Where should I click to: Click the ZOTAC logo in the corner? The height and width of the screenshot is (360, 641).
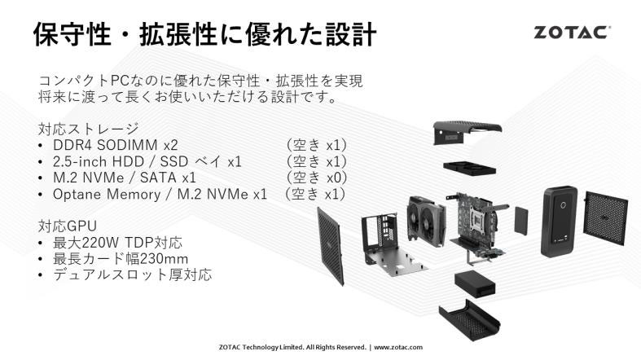point(573,33)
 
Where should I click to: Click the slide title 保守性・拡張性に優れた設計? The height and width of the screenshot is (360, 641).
point(204,34)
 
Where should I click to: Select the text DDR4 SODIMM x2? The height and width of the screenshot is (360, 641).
point(116,145)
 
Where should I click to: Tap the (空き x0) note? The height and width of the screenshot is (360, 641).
point(316,178)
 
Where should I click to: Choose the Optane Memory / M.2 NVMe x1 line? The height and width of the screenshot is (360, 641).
point(160,194)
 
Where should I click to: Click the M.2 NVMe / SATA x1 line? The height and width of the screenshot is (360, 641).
point(125,178)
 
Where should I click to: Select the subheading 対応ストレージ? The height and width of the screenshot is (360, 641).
point(89,129)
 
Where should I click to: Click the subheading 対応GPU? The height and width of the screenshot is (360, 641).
point(68,226)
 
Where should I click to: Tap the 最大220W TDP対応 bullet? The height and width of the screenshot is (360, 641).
point(117,243)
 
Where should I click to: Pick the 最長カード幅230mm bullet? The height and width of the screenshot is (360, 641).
point(121,259)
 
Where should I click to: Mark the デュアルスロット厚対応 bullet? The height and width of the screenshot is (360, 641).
point(133,274)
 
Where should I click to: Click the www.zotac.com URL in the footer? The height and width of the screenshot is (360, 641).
point(398,347)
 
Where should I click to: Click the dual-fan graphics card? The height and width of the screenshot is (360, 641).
point(426,221)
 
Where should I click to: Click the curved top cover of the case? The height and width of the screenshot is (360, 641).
point(467,132)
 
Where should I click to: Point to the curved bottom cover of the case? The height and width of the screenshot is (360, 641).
point(469,320)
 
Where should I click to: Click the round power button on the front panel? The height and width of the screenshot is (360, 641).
point(563,205)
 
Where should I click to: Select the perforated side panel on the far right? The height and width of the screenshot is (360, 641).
point(605,218)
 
